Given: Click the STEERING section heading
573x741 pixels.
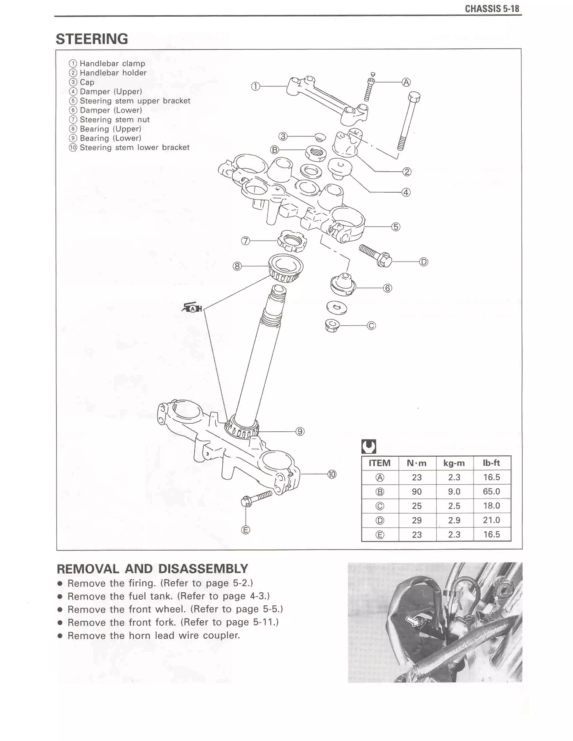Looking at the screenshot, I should [92, 39].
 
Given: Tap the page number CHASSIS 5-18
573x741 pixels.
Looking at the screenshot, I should [492, 9].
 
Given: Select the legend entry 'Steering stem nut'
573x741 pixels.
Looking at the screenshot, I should [114, 120].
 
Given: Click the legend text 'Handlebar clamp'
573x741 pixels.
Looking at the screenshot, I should [112, 64].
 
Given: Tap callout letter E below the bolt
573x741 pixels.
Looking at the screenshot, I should [246, 530].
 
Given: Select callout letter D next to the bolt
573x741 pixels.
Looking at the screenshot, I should [424, 262].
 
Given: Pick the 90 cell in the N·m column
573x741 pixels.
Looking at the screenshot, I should [417, 492].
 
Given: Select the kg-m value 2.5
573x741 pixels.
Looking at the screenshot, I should [454, 506].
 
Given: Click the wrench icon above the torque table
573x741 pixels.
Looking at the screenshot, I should [368, 447].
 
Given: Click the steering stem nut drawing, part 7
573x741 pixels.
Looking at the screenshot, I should [291, 242].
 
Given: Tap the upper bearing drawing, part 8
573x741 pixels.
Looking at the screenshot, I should [285, 268].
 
